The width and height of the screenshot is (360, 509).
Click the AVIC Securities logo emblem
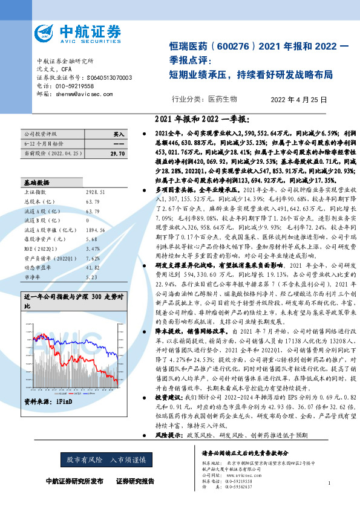46,33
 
